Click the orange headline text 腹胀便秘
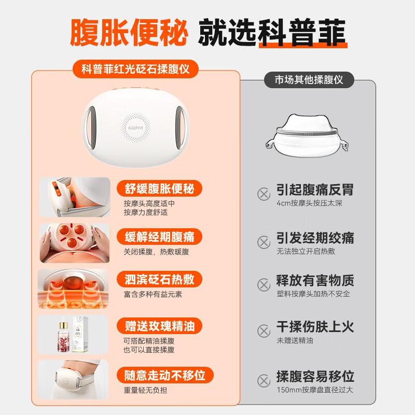click(x=129, y=32)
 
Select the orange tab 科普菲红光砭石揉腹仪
click(x=135, y=69)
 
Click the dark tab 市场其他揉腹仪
click(x=315, y=80)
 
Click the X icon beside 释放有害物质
click(x=264, y=284)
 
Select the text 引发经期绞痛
click(x=315, y=238)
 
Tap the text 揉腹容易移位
click(x=315, y=376)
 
